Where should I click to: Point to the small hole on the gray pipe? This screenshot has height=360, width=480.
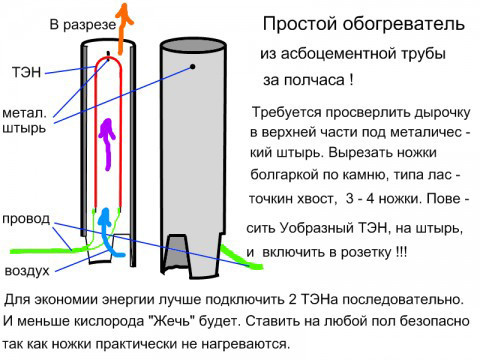click(x=189, y=67)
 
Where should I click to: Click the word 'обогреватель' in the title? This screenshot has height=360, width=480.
click(x=397, y=22)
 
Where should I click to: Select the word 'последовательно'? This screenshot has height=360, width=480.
click(x=401, y=299)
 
